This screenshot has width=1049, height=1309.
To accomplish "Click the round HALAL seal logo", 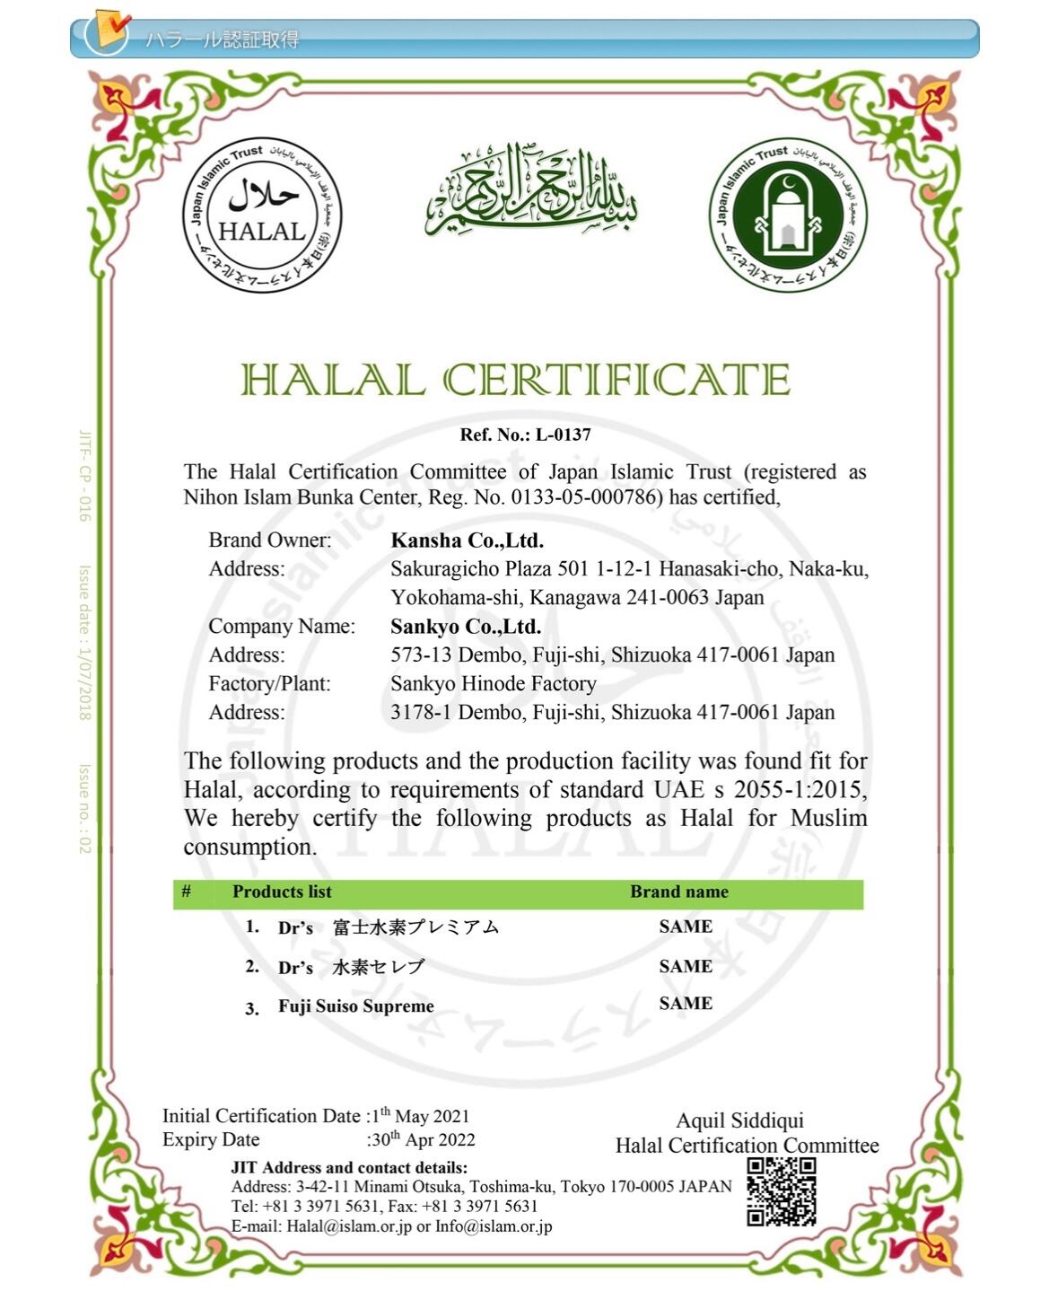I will pos(262,215).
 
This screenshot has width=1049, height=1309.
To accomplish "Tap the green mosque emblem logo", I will pos(787,215).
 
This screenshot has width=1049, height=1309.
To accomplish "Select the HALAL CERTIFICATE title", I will pos(516,380).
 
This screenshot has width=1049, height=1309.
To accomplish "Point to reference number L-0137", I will pos(564,435).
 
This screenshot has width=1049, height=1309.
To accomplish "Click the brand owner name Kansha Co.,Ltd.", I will pos(467,540).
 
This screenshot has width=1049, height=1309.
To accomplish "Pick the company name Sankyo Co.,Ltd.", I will pos(465,627).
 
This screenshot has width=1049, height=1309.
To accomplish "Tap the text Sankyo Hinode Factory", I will pos(493,684).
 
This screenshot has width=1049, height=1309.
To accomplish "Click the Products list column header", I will pos(282,892).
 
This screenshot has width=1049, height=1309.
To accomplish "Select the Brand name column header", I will pos(678,892).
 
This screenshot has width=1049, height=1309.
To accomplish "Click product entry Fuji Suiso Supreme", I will pos(355,1006).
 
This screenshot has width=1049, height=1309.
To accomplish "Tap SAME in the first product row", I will pos(686,927).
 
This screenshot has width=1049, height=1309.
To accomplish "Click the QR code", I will pos(782,1192).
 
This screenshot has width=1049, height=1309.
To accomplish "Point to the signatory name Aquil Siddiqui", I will pos(739,1120).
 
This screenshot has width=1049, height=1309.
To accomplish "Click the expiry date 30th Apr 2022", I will pos(423,1139).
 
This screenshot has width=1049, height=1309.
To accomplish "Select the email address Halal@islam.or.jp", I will pos(349,1226).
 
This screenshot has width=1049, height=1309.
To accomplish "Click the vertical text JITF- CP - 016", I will pos(84,476).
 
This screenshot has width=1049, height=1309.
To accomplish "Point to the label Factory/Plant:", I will pos(269,684).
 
